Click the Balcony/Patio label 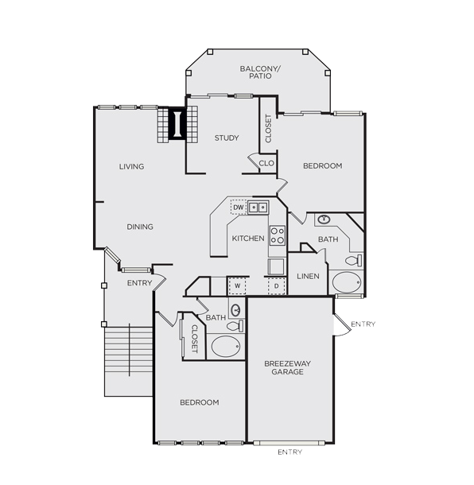click(260, 72)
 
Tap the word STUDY click(227, 138)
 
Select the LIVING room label click(132, 167)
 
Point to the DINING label click(140, 227)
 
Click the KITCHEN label click(248, 239)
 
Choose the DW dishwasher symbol click(239, 208)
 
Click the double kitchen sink click(258, 208)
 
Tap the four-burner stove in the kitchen click(278, 235)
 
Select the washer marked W click(237, 286)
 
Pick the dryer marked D click(276, 286)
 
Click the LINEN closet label click(308, 276)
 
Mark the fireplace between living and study click(177, 124)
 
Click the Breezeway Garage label click(287, 367)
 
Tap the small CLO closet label click(266, 163)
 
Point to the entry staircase click(128, 361)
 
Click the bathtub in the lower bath click(226, 347)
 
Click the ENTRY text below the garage click(290, 452)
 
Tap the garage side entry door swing click(342, 324)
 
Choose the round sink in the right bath click(324, 219)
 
